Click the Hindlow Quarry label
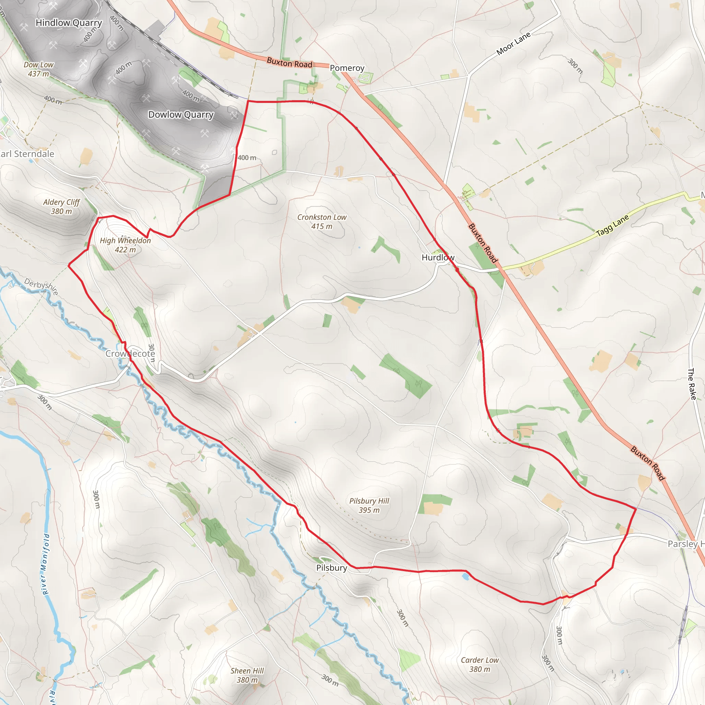(69, 23)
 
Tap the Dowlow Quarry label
(181, 115)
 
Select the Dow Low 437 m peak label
(39, 69)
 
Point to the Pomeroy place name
(347, 68)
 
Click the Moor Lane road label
(513, 44)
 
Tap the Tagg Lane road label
(612, 225)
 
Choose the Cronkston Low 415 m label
(322, 221)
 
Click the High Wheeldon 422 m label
(125, 245)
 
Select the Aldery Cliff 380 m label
(61, 207)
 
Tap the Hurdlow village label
(438, 257)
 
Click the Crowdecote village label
(130, 354)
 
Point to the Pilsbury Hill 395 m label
(369, 505)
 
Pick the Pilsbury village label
(332, 568)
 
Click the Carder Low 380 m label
(480, 664)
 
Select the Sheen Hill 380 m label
(247, 675)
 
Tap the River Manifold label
(45, 564)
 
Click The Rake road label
(692, 384)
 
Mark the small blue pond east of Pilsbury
(465, 577)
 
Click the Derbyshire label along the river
(41, 286)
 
